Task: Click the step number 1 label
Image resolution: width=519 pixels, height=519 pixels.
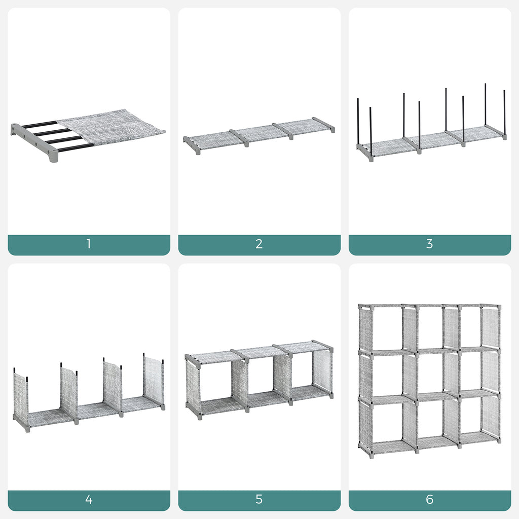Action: pyautogui.click(x=88, y=244)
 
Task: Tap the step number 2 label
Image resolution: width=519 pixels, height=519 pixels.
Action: pyautogui.click(x=259, y=244)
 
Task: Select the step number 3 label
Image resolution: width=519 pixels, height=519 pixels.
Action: pyautogui.click(x=430, y=244)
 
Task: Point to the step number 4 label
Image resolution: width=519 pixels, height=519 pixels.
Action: pyautogui.click(x=88, y=499)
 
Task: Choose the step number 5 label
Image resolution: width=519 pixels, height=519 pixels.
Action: pyautogui.click(x=259, y=499)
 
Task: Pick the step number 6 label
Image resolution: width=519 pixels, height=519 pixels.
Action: pyautogui.click(x=430, y=499)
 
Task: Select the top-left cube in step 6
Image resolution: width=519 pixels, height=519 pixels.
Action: pyautogui.click(x=387, y=329)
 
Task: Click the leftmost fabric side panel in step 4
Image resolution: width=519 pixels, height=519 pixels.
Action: pyautogui.click(x=20, y=393)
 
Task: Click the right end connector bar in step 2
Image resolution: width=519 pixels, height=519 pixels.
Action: pyautogui.click(x=323, y=125)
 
